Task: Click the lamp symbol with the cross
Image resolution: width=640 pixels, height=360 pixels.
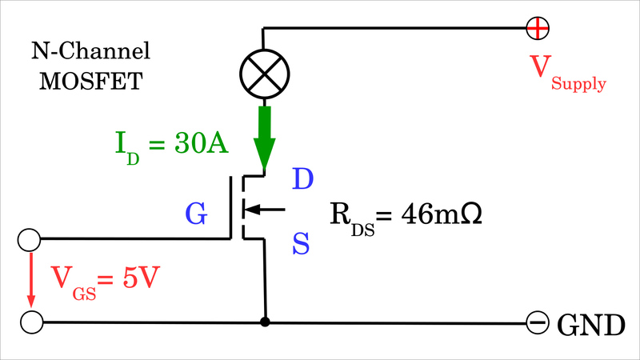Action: (x=263, y=74)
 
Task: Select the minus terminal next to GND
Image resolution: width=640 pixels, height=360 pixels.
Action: (x=537, y=323)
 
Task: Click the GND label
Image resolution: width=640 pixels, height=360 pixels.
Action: (x=590, y=325)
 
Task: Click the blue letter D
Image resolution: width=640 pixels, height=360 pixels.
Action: (x=302, y=179)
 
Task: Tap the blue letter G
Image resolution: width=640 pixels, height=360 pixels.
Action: (x=197, y=214)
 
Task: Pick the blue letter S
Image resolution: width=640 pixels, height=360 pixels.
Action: (x=301, y=243)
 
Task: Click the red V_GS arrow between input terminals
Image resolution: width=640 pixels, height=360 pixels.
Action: (x=31, y=280)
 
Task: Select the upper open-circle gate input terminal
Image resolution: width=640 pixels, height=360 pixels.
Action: (x=30, y=238)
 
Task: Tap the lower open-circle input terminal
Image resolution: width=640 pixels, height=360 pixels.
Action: (x=30, y=322)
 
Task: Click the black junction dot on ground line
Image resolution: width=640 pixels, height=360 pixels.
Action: (x=264, y=322)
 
